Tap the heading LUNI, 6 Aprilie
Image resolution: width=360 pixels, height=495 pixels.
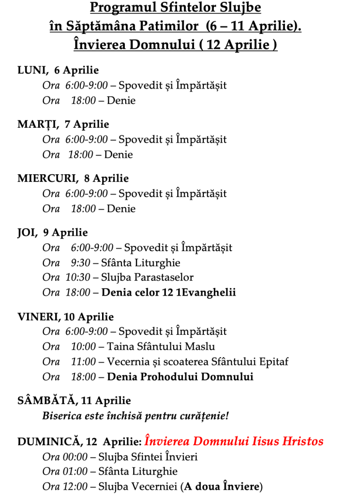tap(58, 70)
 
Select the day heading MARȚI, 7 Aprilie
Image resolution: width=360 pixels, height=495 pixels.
tap(63, 124)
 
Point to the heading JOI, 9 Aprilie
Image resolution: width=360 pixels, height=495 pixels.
tap(52, 233)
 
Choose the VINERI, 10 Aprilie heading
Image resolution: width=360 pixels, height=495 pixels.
tap(65, 317)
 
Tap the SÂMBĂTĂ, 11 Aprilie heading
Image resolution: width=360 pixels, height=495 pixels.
tap(74, 401)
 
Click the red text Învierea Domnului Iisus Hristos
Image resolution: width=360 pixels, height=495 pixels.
tap(234, 441)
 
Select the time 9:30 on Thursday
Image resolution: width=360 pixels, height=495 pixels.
tap(80, 263)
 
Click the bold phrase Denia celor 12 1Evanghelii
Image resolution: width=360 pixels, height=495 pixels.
tap(168, 293)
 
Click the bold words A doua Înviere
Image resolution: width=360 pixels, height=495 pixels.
tap(221, 486)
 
